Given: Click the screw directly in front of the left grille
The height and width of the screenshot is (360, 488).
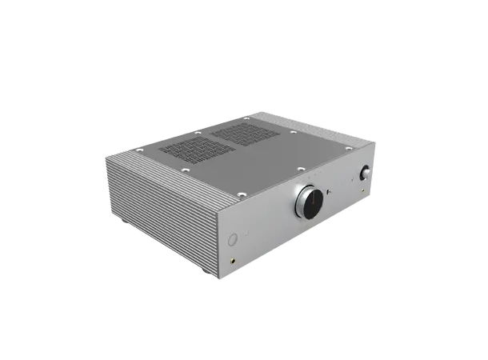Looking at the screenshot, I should pos(185,169).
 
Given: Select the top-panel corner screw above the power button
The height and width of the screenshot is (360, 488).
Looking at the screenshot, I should pos(238,192).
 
